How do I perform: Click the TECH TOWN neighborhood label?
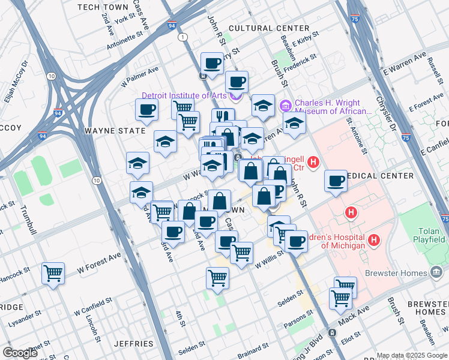pyautogui.click(x=103, y=7)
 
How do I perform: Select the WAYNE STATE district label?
pyautogui.click(x=115, y=130)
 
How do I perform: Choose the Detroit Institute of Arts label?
pyautogui.click(x=185, y=95)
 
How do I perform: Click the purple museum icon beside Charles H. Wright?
pyautogui.click(x=285, y=106)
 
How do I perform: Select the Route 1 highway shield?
pyautogui.click(x=181, y=37)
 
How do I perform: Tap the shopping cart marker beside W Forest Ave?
pyautogui.click(x=53, y=274)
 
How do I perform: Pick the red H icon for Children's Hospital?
pyautogui.click(x=375, y=241)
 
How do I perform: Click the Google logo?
pyautogui.click(x=20, y=353)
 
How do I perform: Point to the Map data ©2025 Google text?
pyautogui.click(x=412, y=355)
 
